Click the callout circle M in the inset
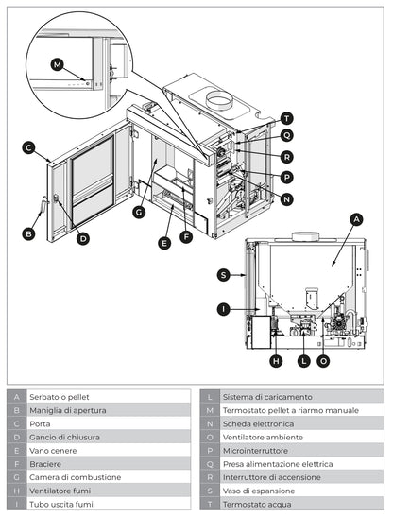click(59, 64)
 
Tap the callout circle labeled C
click(29, 147)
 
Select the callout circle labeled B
click(29, 233)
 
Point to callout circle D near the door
click(83, 238)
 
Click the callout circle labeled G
click(138, 213)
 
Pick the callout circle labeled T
click(286, 119)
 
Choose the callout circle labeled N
click(286, 198)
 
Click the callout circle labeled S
click(223, 275)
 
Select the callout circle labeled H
click(276, 361)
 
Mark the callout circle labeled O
click(324, 361)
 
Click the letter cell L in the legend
click(209, 397)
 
